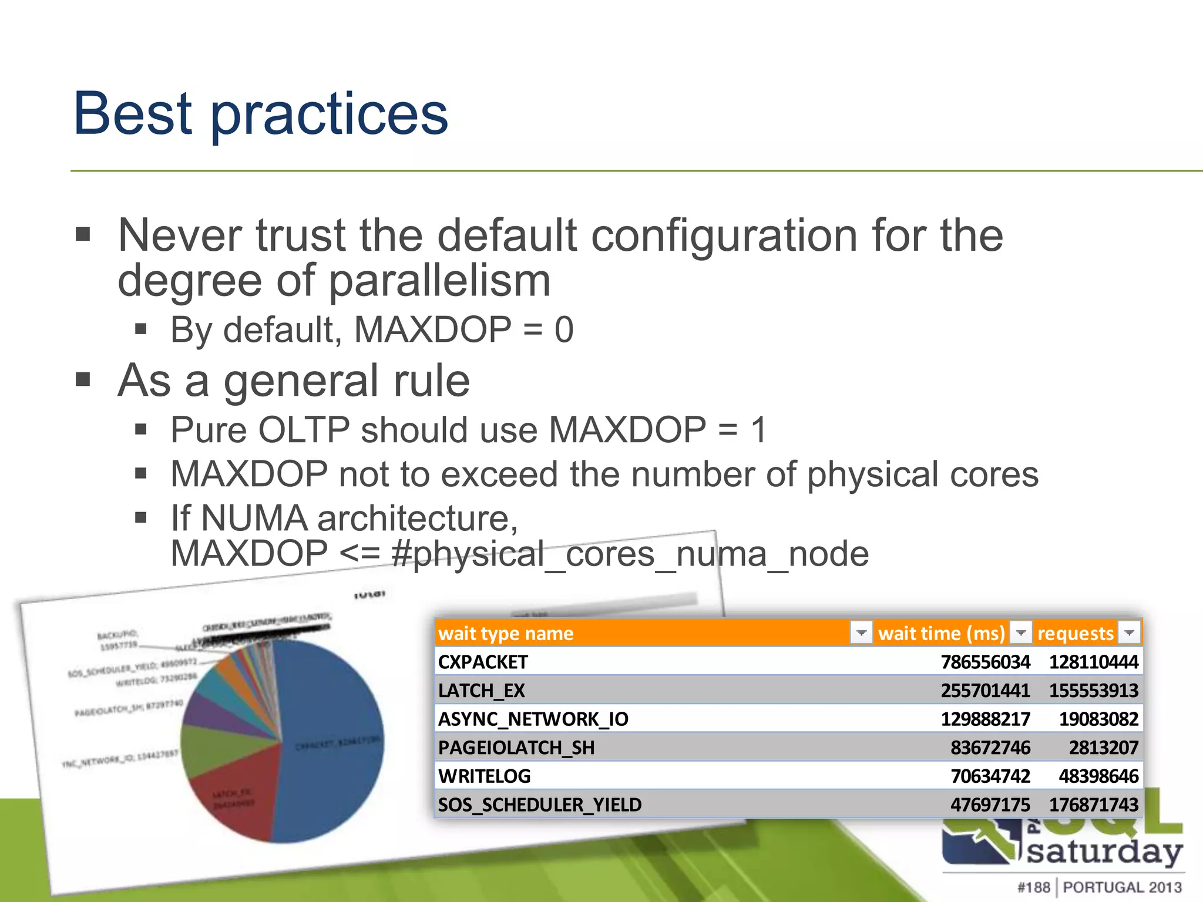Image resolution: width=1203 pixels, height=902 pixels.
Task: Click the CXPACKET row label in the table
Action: pyautogui.click(x=483, y=662)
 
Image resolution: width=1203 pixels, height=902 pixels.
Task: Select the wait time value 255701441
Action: pyautogui.click(x=985, y=691)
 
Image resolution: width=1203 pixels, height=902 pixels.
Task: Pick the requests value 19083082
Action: pyautogui.click(x=1098, y=719)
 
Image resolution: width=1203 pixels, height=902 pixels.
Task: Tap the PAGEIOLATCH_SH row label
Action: pyautogui.click(x=516, y=748)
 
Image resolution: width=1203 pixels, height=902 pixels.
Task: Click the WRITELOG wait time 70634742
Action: pyautogui.click(x=990, y=776)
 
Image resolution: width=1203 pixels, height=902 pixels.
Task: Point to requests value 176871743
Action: pyautogui.click(x=1093, y=805)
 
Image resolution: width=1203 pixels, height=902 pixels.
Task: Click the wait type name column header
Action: pyautogui.click(x=506, y=633)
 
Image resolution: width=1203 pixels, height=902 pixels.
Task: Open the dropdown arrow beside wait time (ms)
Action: pyautogui.click(x=1021, y=632)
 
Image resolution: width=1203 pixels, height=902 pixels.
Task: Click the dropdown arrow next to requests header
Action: pyautogui.click(x=1129, y=632)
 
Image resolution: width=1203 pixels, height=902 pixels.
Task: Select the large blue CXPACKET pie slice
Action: pyautogui.click(x=335, y=746)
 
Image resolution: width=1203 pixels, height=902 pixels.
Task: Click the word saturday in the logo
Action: pyautogui.click(x=1104, y=851)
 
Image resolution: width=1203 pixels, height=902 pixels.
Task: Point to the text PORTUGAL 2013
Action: pyautogui.click(x=1122, y=887)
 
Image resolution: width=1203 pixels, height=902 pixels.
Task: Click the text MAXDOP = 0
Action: pyautogui.click(x=463, y=329)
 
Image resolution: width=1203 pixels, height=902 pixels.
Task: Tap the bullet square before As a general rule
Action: pyautogui.click(x=83, y=381)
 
